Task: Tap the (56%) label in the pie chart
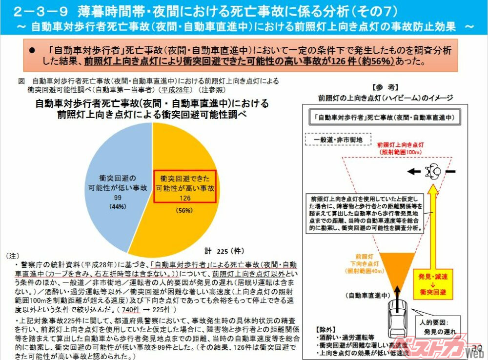point(185,211)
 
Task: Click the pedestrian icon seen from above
point(432,171)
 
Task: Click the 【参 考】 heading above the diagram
point(386,88)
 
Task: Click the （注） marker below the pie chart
point(12,256)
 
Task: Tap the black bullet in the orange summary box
point(33,50)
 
